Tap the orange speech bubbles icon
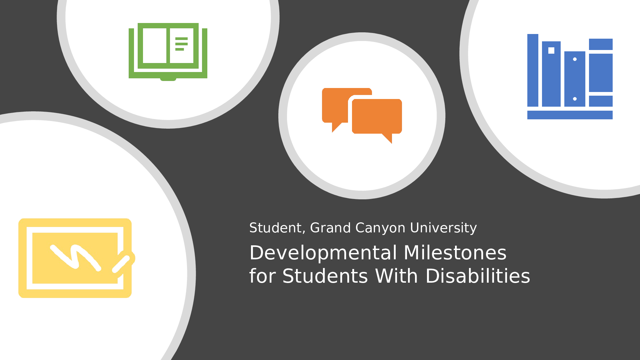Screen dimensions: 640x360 point(362,116)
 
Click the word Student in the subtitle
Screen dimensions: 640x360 point(275,228)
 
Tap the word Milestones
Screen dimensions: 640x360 point(455,253)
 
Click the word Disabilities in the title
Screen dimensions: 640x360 point(478,276)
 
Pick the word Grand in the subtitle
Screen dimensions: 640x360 point(330,228)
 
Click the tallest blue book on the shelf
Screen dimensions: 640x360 point(533,70)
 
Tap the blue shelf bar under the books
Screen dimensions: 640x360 point(570,115)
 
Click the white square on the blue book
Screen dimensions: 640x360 point(551,50)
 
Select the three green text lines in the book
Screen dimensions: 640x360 point(181,44)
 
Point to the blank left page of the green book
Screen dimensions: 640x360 point(155,46)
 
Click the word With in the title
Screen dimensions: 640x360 point(396,276)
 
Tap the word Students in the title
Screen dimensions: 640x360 point(325,276)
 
